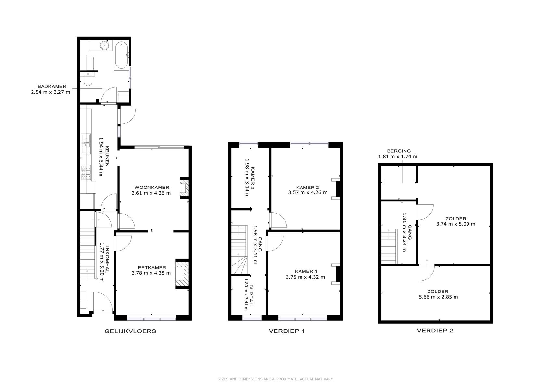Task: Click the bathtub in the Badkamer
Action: coord(121,55)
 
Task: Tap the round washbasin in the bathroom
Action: coord(105,45)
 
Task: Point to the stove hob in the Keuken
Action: coord(85,172)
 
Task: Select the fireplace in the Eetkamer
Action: coord(182,273)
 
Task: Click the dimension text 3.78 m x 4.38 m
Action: coord(151,273)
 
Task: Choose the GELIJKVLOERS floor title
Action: coord(130,331)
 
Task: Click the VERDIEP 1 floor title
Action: coord(287,331)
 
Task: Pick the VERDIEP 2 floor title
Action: coord(435,331)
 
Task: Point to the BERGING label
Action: coord(399,151)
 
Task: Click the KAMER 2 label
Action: coord(307,187)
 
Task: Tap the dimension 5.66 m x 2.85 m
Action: coord(439,297)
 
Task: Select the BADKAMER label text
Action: coord(52,86)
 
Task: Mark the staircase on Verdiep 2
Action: coord(390,246)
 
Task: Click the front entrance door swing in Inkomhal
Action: coord(103,302)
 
